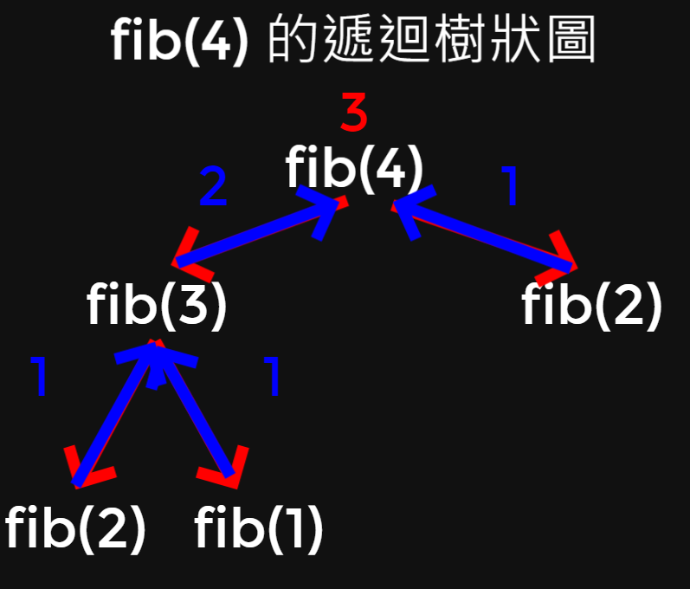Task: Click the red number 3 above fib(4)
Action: (x=354, y=113)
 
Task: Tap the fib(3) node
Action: (x=157, y=306)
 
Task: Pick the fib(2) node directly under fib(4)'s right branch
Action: (x=592, y=306)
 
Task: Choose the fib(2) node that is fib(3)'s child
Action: (x=74, y=529)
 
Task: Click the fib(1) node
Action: (x=259, y=529)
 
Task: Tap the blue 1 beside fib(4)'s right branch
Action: (x=512, y=187)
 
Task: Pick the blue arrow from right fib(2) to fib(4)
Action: (x=485, y=234)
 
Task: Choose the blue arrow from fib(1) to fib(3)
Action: (x=196, y=412)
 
